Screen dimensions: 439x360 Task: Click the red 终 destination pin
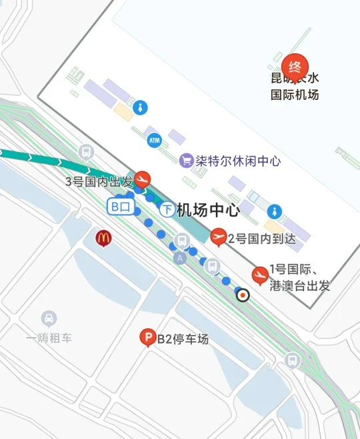click(x=295, y=67)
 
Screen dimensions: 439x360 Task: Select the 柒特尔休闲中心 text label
click(x=238, y=161)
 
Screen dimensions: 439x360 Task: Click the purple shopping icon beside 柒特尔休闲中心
click(x=187, y=161)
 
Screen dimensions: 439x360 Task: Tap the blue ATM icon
click(x=155, y=141)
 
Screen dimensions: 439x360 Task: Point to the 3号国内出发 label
click(x=98, y=181)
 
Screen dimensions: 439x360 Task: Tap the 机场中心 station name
click(x=208, y=211)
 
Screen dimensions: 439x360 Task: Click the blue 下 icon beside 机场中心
click(x=167, y=210)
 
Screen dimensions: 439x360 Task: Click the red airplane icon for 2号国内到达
click(x=219, y=236)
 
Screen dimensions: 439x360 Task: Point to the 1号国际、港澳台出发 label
click(x=299, y=278)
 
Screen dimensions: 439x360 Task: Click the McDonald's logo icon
click(x=103, y=237)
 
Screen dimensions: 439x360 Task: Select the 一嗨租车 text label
click(x=49, y=338)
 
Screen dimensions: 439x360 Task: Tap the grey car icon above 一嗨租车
click(x=49, y=318)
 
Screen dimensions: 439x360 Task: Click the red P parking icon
click(x=147, y=339)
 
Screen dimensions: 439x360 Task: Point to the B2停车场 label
click(x=183, y=339)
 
